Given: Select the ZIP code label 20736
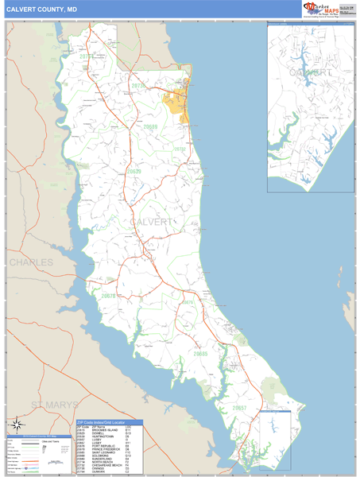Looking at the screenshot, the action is pos(139,85).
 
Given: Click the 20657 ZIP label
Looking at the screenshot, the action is pos(239,407).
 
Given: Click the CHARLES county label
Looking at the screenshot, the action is pos(31,262).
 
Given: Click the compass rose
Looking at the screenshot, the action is pos(17,425).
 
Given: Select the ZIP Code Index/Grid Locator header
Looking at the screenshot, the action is pos(110,423).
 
